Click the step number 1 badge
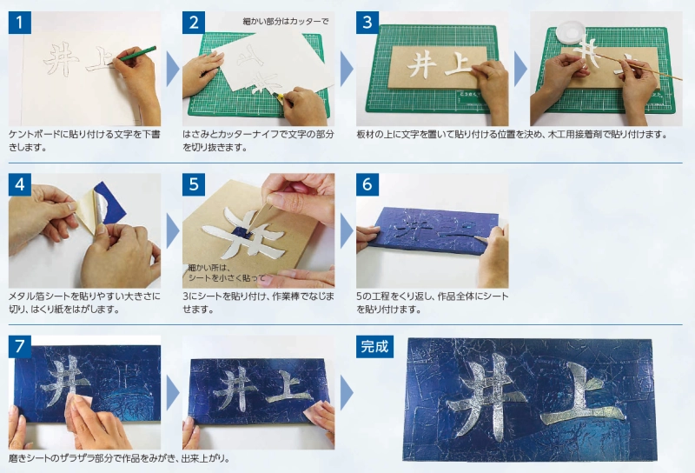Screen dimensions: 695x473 19,23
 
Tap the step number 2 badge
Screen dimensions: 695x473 194,23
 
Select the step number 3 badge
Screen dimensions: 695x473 367,23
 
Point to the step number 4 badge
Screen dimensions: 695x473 19,184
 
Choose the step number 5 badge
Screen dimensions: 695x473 194,184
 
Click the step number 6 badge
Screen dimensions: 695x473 367,184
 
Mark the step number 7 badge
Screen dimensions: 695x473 19,347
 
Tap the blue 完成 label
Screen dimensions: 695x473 375,347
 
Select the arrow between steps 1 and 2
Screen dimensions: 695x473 172,69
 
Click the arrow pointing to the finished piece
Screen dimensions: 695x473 347,393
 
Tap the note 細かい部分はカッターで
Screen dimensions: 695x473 286,21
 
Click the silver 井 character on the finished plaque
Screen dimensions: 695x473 486,395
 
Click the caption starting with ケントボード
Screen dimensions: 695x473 84,140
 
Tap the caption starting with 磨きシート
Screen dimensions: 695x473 119,458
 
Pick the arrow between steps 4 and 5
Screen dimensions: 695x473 172,230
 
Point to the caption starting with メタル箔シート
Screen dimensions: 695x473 84,303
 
